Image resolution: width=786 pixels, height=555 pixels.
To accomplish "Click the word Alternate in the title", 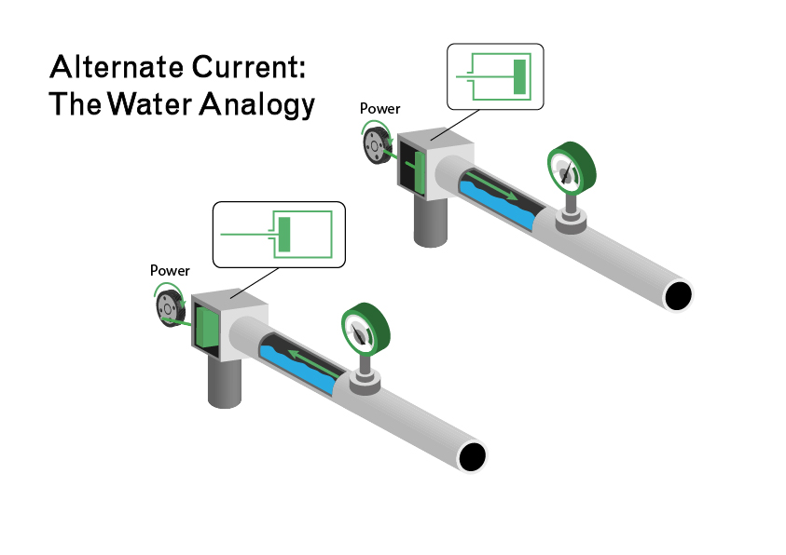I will (x=103, y=67).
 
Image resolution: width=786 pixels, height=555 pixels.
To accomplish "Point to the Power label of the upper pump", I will (x=379, y=109).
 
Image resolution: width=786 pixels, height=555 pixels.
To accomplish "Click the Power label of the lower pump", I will (x=170, y=271).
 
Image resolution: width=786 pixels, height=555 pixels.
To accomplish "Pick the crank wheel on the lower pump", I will (x=168, y=305).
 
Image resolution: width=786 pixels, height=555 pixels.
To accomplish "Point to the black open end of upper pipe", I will (x=678, y=295).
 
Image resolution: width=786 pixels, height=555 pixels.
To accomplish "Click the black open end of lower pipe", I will (x=472, y=456).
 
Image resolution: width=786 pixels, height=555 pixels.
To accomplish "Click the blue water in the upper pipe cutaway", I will (x=503, y=210).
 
